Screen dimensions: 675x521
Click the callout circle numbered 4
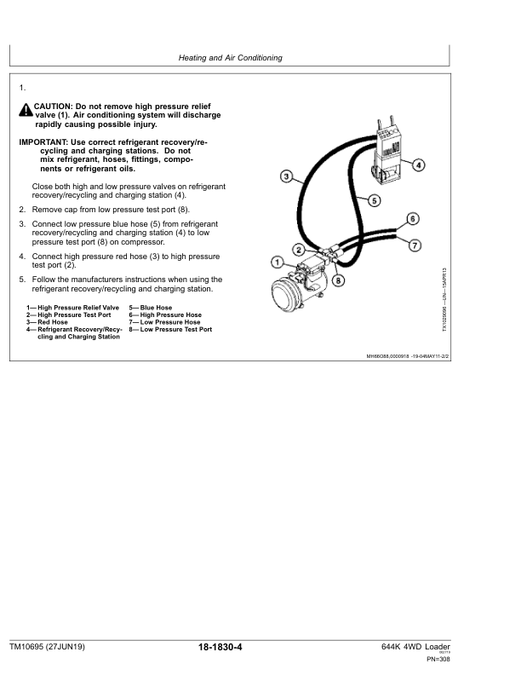point(420,164)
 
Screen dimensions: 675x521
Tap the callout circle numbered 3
point(287,177)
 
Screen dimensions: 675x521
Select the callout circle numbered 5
point(373,201)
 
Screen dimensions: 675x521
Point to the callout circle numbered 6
point(412,218)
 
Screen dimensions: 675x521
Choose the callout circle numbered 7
point(415,246)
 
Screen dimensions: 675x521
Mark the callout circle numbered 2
point(298,249)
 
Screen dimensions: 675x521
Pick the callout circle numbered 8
point(338,280)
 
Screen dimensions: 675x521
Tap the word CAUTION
point(54,107)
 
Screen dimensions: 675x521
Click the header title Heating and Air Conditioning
point(230,58)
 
